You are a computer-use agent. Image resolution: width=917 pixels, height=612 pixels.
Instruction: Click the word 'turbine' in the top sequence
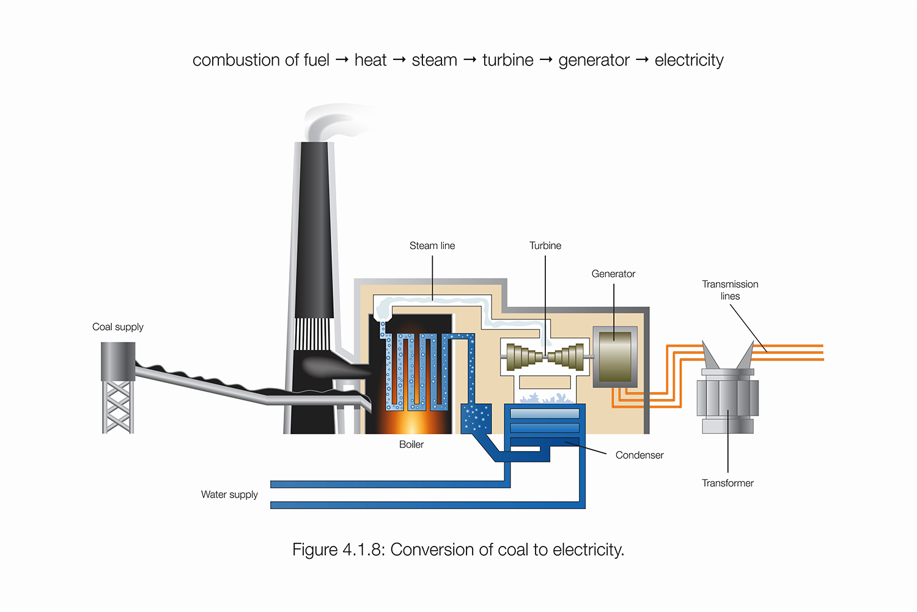pos(507,60)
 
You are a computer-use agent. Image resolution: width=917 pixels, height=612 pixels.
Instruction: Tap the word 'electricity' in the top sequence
pos(689,60)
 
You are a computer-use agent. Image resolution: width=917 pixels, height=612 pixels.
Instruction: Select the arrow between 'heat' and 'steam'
pos(399,59)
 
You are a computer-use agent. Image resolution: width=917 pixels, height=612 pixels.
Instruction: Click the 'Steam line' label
pos(432,245)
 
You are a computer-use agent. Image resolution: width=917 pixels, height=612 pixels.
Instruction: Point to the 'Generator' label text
pos(613,274)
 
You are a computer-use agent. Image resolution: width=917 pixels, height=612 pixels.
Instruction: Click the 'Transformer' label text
pos(727,483)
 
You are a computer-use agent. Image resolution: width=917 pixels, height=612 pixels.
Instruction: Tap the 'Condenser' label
pos(639,455)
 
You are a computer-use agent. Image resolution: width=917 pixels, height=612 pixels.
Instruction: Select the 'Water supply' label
pos(229,494)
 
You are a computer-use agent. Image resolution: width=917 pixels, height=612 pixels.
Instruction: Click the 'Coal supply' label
pos(118,327)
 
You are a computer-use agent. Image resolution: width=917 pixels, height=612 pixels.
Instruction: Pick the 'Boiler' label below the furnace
pos(411,444)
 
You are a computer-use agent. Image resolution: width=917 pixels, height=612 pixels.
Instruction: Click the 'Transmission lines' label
pos(730,290)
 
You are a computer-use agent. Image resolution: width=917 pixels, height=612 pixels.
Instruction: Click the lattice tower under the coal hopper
pos(118,407)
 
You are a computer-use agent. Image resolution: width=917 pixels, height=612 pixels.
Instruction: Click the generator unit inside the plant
pos(615,357)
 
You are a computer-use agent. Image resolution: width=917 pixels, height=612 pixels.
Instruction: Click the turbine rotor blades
pos(545,357)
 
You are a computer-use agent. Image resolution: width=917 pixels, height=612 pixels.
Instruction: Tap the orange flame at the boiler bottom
pos(411,422)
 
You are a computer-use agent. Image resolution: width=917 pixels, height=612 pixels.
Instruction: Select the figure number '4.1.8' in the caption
pos(362,550)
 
